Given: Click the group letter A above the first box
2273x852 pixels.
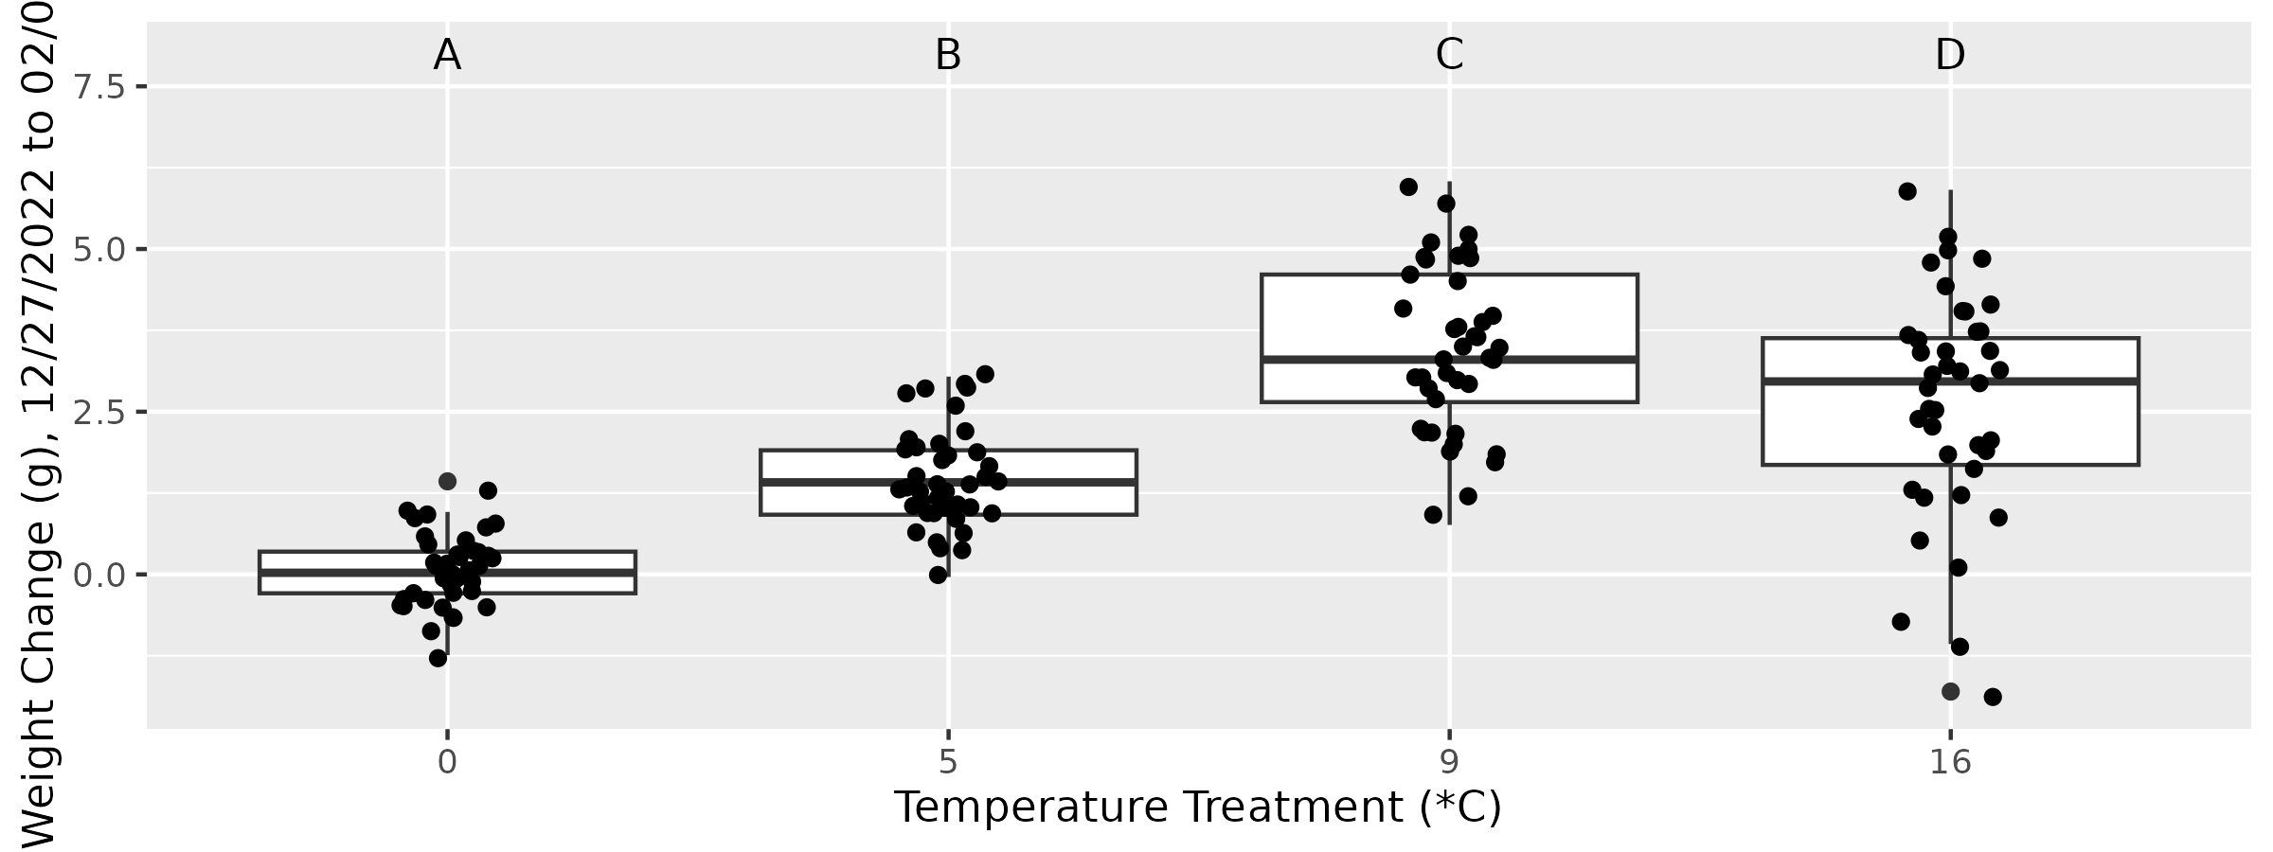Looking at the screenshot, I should (447, 56).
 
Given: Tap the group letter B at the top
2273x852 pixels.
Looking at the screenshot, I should (948, 56).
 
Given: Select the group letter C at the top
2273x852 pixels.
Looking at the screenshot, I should (1449, 56).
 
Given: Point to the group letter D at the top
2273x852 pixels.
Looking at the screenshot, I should (1950, 56).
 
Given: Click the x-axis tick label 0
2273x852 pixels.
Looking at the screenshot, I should (447, 762).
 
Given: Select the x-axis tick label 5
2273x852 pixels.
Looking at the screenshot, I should (948, 762).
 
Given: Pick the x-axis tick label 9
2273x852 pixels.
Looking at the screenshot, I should (1449, 762).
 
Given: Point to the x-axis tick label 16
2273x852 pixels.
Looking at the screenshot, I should (1950, 762).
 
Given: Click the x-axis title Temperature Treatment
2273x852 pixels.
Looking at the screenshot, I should (1198, 808).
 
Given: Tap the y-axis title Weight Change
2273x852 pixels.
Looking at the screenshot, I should (38, 426).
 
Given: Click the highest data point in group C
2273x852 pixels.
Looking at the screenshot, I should (1408, 186).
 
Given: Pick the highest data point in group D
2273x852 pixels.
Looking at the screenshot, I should (1907, 191).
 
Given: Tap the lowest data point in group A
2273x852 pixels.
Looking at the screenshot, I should (438, 658).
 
